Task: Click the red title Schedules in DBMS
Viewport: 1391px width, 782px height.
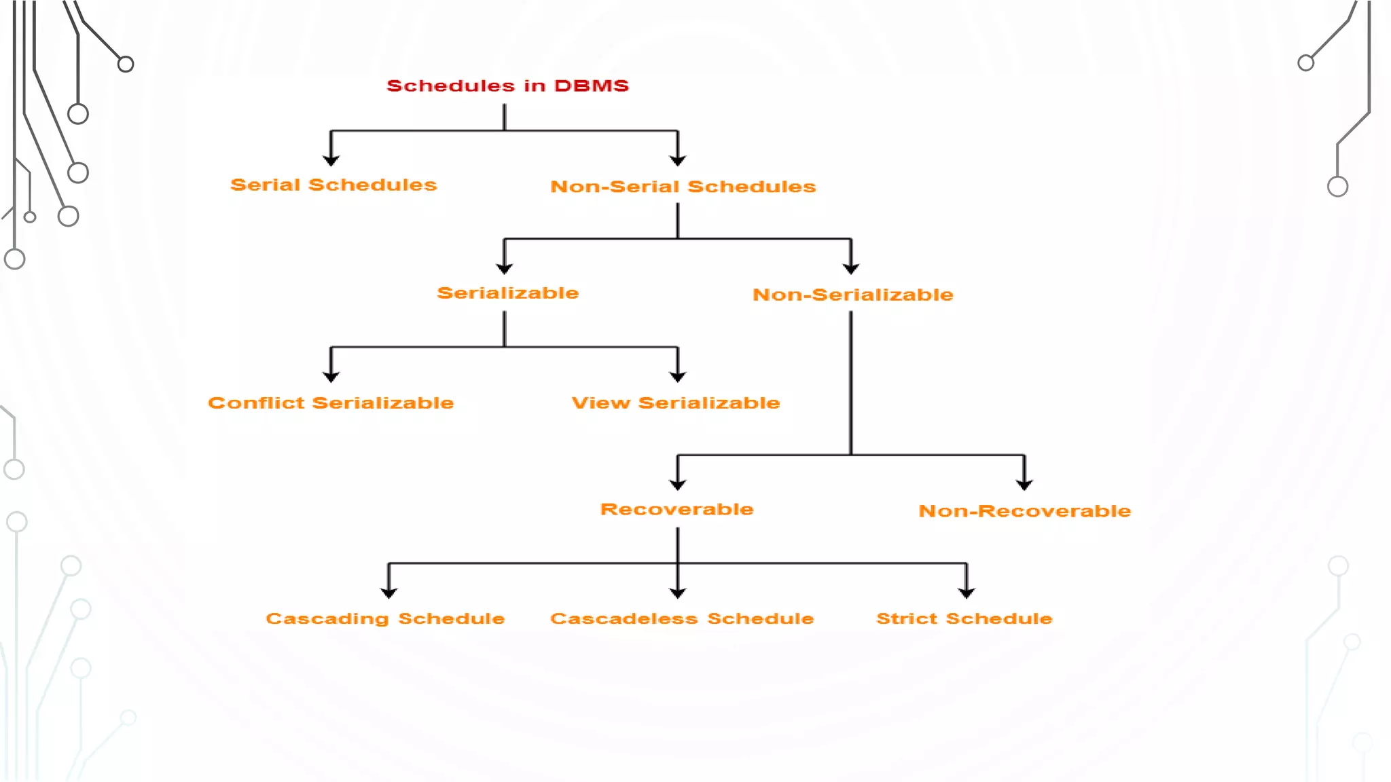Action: point(507,86)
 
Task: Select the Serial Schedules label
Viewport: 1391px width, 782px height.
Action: point(333,185)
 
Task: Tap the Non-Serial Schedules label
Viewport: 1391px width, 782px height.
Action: point(683,187)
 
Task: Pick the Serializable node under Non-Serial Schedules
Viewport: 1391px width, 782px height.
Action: point(507,293)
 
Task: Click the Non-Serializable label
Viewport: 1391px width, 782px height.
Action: point(852,295)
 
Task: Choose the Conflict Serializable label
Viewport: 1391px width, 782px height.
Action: point(331,403)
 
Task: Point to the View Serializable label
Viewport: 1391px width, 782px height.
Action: point(676,403)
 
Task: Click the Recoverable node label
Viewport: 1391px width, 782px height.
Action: point(677,509)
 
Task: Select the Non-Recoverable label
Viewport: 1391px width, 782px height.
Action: point(1024,511)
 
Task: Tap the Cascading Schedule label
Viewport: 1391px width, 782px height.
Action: point(385,618)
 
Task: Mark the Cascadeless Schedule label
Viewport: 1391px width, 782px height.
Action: point(682,618)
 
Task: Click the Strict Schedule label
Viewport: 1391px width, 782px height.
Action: point(964,618)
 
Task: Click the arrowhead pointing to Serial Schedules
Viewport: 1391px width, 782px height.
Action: point(331,160)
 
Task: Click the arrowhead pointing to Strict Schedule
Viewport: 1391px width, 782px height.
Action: point(967,593)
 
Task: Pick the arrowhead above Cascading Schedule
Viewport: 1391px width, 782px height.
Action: point(389,593)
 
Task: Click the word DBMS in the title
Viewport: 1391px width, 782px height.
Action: point(592,86)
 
